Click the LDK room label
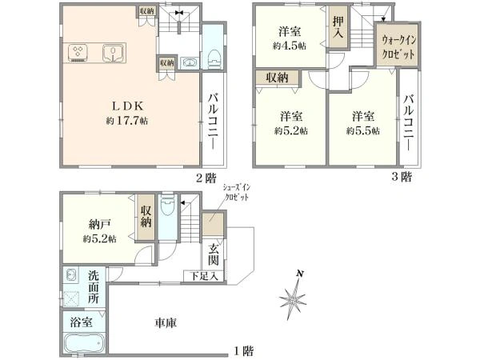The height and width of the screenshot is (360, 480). pos(127,106)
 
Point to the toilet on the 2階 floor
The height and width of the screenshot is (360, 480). pos(213,56)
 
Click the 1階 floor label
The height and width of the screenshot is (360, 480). pos(243,350)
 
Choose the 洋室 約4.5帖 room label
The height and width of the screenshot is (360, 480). pos(290,38)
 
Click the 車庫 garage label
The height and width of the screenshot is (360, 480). pos(166,323)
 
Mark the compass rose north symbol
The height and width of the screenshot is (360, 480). pos(293,299)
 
